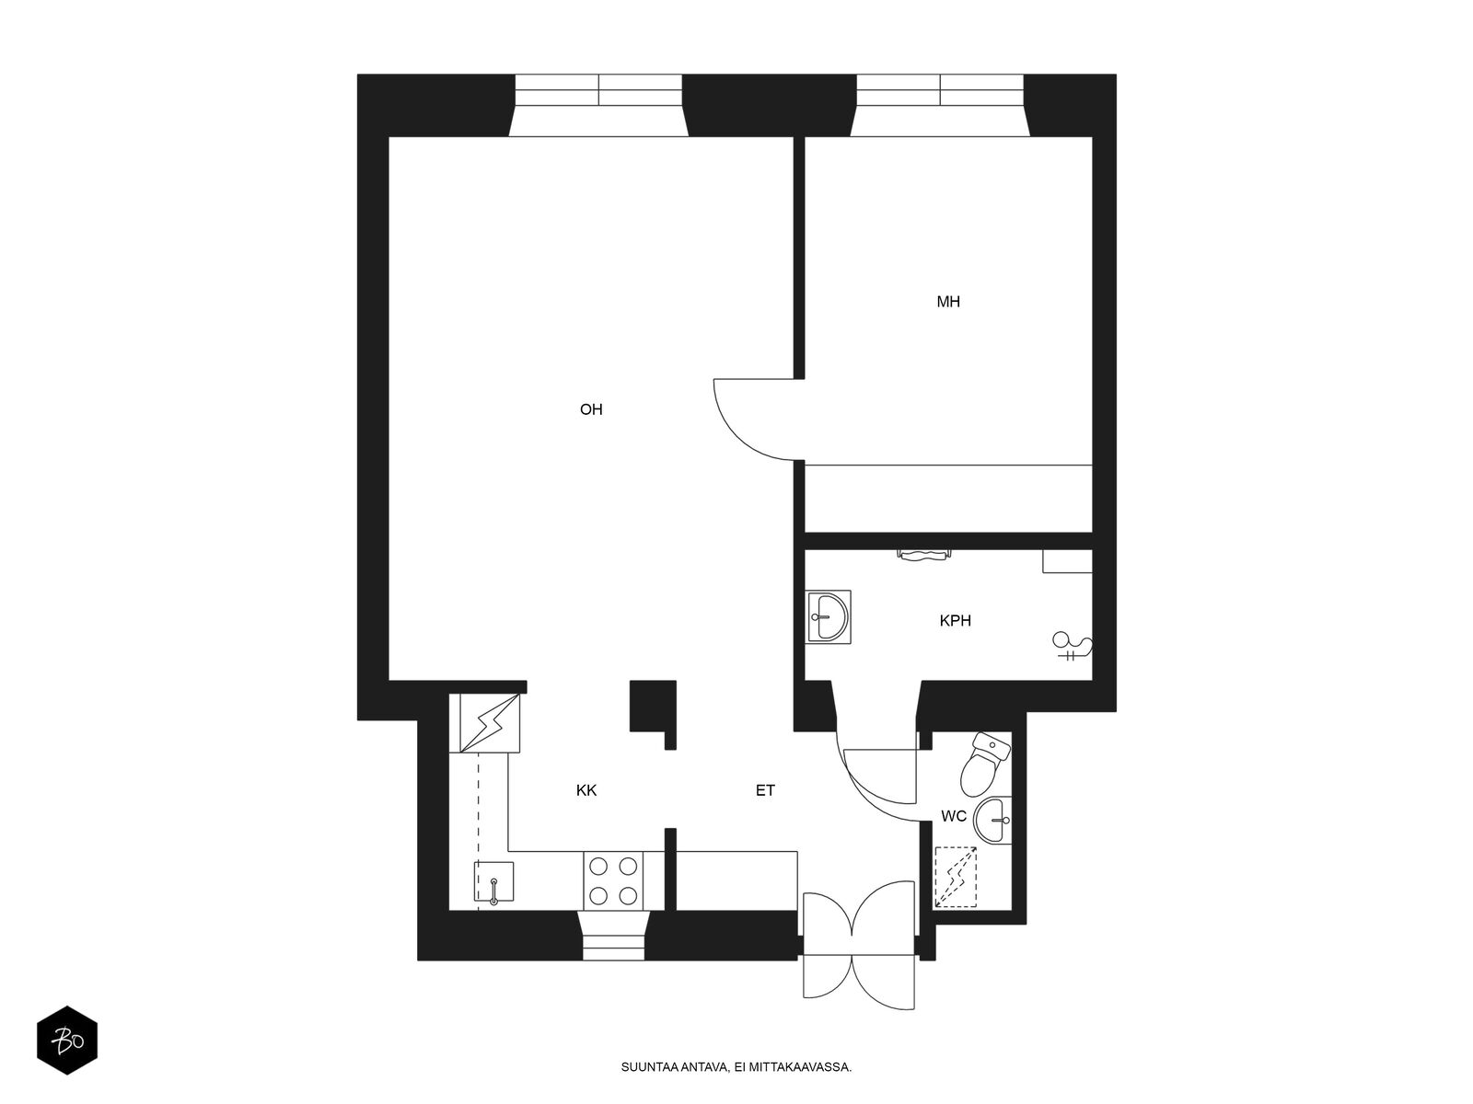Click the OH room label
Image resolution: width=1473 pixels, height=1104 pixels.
tap(590, 408)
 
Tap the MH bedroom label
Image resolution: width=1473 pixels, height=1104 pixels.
tap(947, 302)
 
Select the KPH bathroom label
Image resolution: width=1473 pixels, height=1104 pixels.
tap(955, 621)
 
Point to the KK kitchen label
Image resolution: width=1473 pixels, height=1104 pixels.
tap(586, 790)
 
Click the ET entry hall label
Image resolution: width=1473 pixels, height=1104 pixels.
tap(765, 790)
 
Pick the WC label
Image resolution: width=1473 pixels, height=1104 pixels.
tap(954, 816)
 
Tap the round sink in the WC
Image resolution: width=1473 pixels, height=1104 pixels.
tap(992, 820)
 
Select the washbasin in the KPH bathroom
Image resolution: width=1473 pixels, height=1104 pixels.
tap(829, 616)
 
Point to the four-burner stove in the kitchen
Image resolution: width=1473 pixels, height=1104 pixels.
tap(613, 880)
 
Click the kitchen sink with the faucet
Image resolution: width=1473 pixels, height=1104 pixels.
tap(493, 881)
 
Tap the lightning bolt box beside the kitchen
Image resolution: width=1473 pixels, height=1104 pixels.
tap(489, 723)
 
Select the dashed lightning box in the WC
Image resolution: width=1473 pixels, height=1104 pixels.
tap(956, 878)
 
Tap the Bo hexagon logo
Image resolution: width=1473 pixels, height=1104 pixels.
tap(67, 1041)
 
